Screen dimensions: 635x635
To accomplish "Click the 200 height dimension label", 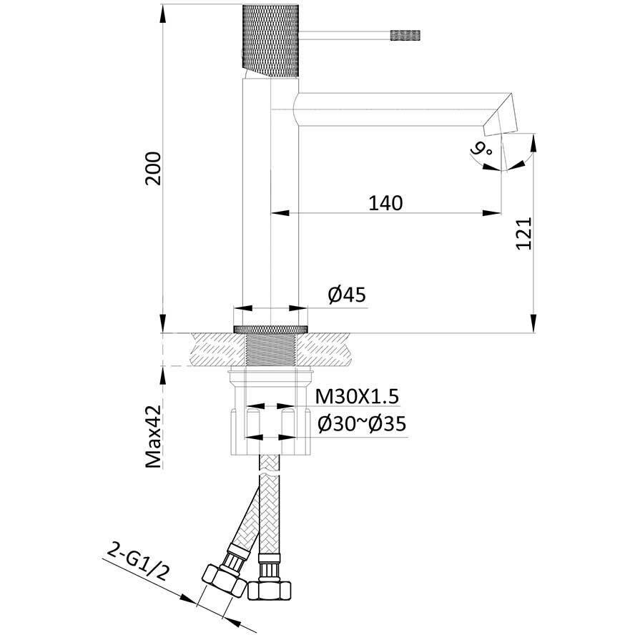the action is (153, 169).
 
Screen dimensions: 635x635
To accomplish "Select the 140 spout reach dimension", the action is (385, 203).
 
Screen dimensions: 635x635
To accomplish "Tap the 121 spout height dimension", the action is (523, 234).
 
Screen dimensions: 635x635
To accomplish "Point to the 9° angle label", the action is (482, 150).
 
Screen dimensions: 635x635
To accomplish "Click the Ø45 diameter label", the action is (347, 295).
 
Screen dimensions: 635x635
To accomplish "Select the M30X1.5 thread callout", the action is (357, 396).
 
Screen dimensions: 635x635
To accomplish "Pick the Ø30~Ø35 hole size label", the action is (362, 424).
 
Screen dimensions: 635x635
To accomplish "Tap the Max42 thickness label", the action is (154, 436).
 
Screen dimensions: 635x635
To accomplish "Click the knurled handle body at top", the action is (270, 41).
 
